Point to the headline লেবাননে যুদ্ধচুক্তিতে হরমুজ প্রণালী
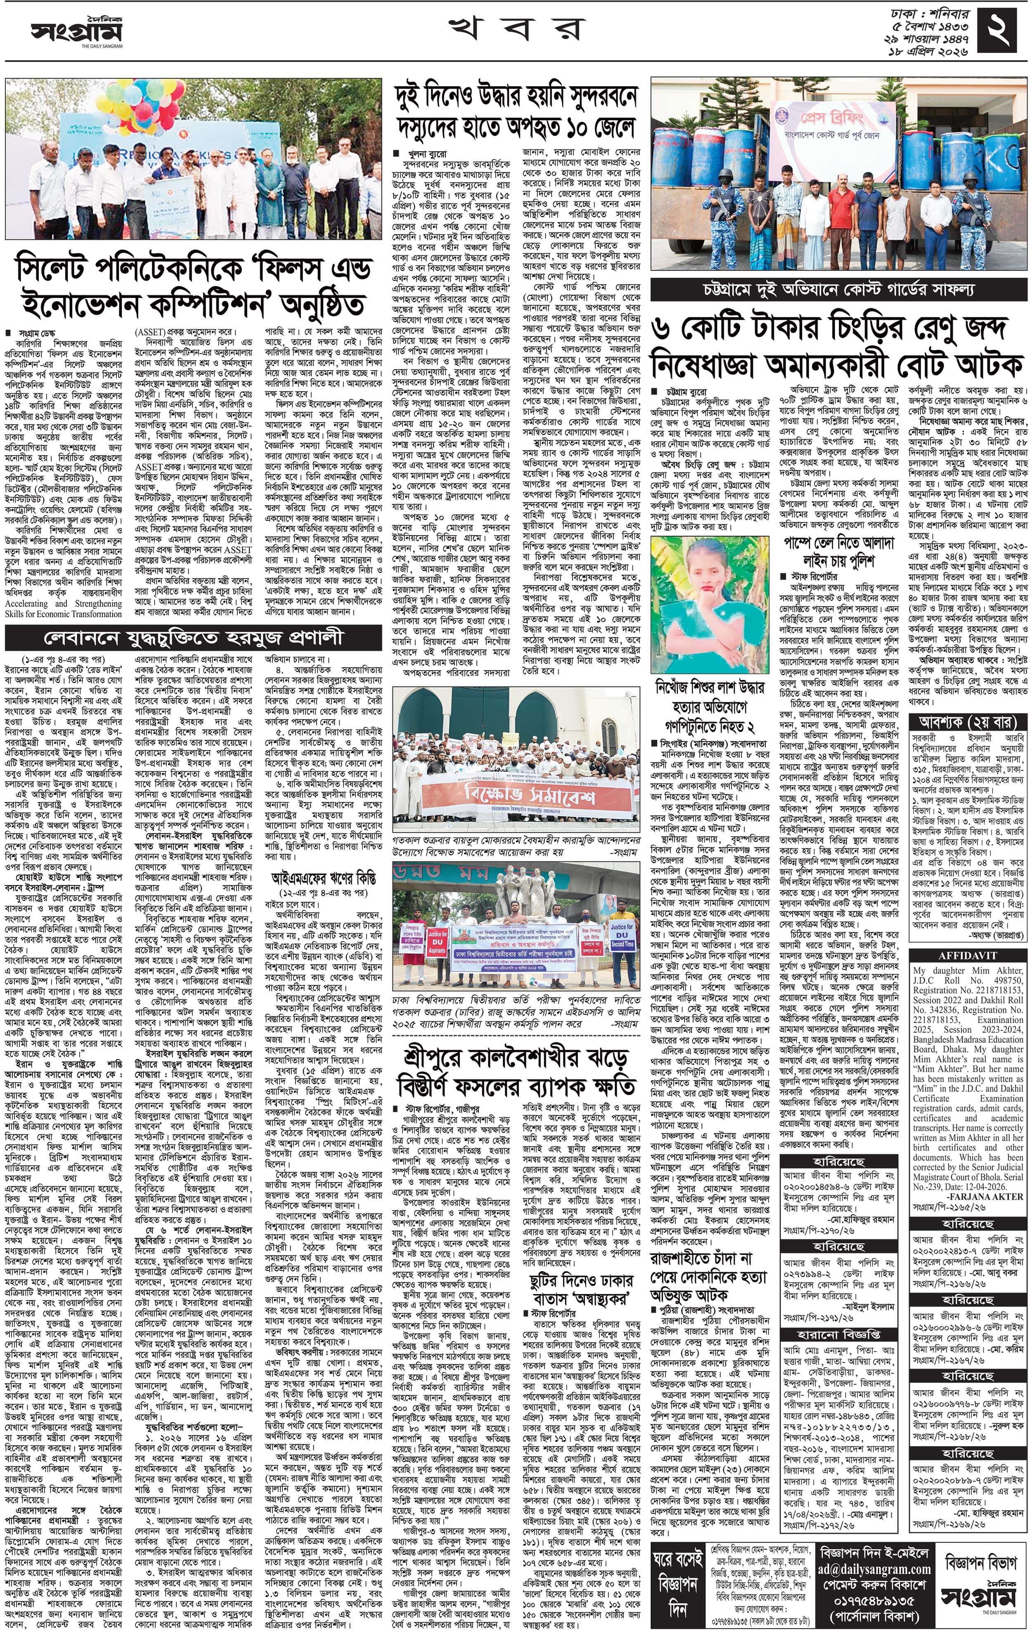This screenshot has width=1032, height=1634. click(194, 638)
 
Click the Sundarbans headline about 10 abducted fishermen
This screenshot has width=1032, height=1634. click(516, 113)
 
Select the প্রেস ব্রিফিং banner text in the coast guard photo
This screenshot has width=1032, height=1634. click(834, 117)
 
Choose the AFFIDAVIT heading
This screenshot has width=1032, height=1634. click(967, 955)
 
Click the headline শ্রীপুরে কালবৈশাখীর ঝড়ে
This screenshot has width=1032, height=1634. click(516, 1072)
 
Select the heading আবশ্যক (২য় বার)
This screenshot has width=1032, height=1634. click(967, 721)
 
